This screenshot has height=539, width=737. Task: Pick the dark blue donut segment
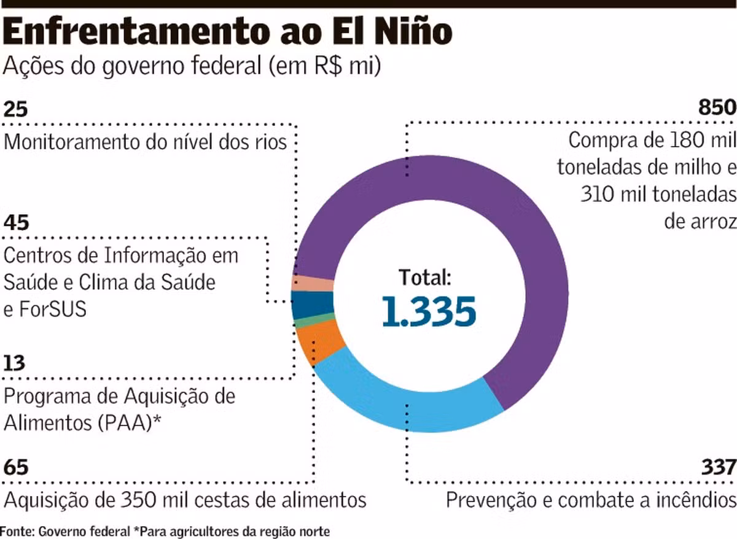[312, 304]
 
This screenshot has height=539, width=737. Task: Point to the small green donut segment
[314, 320]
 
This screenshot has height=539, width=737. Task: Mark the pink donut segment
[313, 284]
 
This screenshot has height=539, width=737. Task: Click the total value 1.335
[429, 311]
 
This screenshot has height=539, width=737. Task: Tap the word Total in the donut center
[424, 277]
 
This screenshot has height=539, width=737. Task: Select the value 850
[717, 107]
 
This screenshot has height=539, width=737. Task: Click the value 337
[719, 467]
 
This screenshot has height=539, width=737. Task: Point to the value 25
[15, 109]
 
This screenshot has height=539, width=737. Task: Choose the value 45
[16, 222]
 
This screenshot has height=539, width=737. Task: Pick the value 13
[14, 363]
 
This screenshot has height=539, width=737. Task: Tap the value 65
[16, 467]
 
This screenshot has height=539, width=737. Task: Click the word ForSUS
[53, 309]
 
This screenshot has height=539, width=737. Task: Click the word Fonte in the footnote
[17, 531]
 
